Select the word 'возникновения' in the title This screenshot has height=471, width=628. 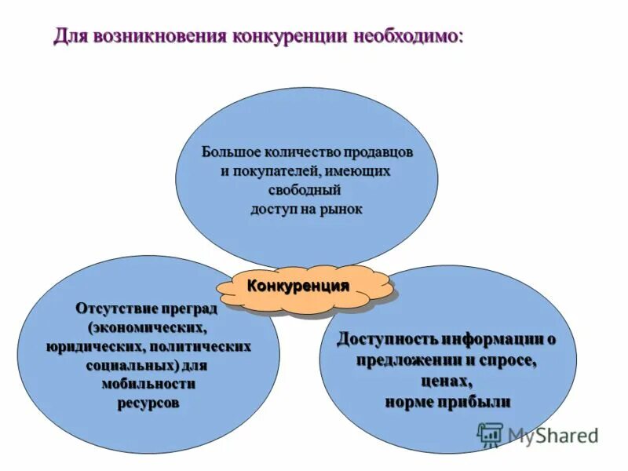[161, 37]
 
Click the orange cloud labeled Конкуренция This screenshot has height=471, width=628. [299, 287]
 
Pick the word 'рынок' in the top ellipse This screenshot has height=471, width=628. [340, 210]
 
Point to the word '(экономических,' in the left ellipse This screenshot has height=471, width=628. [148, 326]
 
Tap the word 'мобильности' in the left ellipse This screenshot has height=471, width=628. [148, 384]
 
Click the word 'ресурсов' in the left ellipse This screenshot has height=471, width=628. [148, 403]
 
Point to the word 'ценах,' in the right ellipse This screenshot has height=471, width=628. [446, 381]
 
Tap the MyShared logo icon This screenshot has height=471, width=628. [491, 434]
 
